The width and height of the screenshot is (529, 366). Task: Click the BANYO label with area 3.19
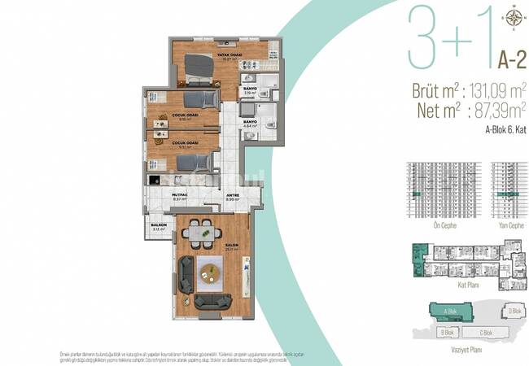[x=249, y=91]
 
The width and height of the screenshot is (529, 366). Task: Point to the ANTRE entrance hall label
[x=233, y=196]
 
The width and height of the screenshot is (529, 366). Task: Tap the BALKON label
[x=158, y=227]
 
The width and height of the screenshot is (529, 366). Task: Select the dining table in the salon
[x=198, y=233]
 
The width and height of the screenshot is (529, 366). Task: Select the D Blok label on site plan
[x=513, y=311]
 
